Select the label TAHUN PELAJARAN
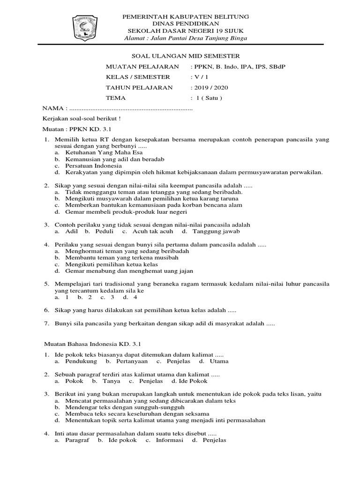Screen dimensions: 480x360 click(139, 88)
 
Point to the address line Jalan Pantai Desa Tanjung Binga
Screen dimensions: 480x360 click(186, 38)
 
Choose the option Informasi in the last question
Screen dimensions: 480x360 click(168, 440)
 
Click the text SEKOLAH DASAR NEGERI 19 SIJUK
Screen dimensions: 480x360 click(185, 30)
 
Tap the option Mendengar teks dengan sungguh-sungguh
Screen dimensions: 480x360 click(119, 407)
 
